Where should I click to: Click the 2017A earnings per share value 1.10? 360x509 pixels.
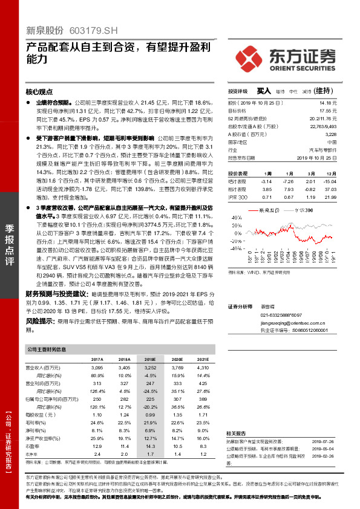pos(97,415)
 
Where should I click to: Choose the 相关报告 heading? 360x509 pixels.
pos(236,433)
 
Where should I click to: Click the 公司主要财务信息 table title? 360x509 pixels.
pos(47,350)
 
